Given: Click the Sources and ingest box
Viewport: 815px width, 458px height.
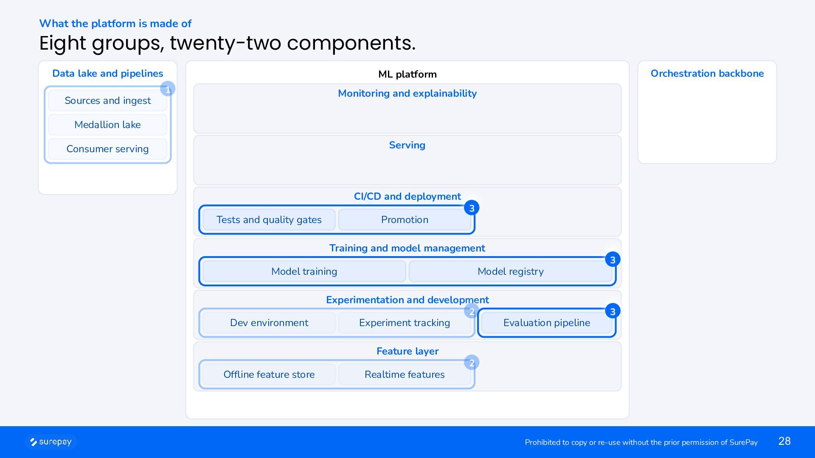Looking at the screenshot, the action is [107, 101].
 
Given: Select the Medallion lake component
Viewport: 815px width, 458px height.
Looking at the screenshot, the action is [107, 125].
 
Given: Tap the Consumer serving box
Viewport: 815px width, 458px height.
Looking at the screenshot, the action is [107, 149].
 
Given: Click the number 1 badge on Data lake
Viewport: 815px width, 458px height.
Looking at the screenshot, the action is [168, 89].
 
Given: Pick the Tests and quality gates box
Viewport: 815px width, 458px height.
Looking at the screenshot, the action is [269, 220].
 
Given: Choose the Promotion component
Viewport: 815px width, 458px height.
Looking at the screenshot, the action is [405, 220].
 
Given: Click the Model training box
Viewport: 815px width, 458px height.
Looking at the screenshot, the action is [304, 271].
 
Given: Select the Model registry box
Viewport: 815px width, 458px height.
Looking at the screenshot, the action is [511, 271].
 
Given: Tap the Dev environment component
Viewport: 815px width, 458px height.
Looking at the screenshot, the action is [269, 323].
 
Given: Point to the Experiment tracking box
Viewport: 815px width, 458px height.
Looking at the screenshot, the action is [405, 323].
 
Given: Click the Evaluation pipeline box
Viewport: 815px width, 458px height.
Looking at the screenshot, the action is [547, 323].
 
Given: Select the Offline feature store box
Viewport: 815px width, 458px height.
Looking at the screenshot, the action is [269, 374].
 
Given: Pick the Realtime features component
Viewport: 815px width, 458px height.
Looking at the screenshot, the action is [405, 374].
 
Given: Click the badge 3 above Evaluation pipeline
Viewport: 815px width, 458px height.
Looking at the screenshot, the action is [613, 311].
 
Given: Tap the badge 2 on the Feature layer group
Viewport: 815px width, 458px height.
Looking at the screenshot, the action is [472, 363].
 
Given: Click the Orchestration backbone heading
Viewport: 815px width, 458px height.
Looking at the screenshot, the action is [707, 73].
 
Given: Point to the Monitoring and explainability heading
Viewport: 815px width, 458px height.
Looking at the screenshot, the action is [407, 93].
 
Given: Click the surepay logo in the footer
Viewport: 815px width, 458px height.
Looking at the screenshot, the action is [51, 442].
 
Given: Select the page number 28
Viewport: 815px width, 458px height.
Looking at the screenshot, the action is [784, 441].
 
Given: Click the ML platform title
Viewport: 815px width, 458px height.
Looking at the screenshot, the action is [407, 74].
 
